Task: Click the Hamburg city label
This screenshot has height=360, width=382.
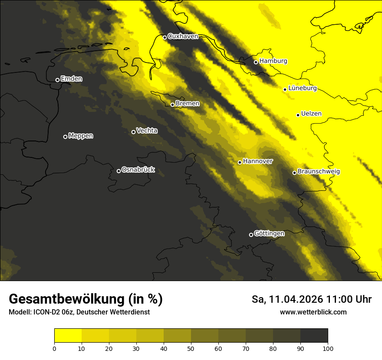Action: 273,61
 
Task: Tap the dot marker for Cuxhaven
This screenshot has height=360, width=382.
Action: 165,37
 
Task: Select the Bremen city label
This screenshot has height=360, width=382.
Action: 188,104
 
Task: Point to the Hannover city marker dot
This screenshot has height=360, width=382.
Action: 240,162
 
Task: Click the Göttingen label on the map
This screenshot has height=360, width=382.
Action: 269,234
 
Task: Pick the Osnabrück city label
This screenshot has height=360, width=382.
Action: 138,170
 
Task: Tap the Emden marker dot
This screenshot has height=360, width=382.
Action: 57,80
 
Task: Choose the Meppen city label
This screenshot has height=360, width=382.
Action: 81,136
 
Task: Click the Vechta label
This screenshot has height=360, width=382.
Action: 147,131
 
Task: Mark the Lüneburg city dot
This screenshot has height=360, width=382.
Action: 285,89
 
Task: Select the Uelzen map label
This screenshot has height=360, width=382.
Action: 311,114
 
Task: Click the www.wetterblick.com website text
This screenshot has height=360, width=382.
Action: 313,312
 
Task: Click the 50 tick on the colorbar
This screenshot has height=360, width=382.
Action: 191,348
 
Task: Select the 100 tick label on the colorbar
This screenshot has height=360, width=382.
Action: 328,348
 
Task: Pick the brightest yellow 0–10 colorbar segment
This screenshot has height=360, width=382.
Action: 68,336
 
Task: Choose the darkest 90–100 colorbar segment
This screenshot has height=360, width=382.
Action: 314,336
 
